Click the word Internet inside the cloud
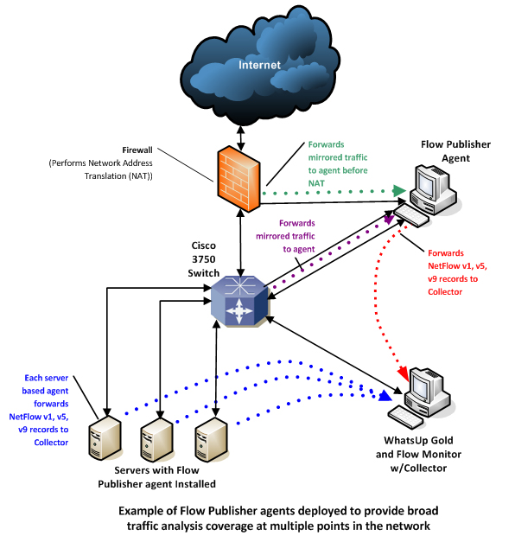[259, 65]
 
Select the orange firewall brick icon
[238, 179]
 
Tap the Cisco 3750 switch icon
[239, 300]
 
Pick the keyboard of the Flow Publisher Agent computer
[411, 215]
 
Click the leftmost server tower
[105, 438]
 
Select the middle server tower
[156, 440]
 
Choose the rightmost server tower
[211, 440]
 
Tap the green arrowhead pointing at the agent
[399, 190]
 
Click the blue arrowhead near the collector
[385, 396]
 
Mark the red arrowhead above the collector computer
[403, 373]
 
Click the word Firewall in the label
[137, 150]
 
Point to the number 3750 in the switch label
[204, 259]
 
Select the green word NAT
[316, 183]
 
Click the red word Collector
[445, 291]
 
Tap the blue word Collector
[51, 443]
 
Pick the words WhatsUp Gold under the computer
[418, 440]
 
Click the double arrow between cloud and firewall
[241, 137]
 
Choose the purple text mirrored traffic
[285, 236]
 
